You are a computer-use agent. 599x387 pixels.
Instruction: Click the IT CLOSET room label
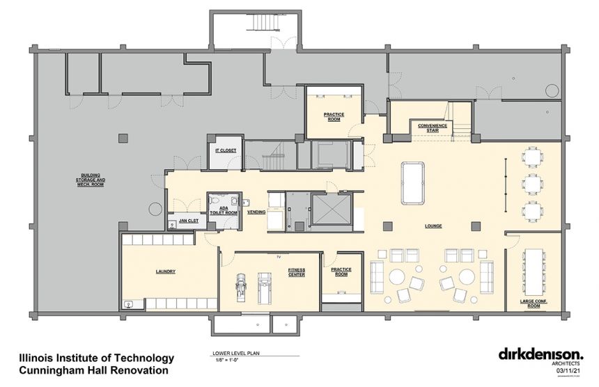point(226,150)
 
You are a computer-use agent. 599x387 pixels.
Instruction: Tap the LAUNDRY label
point(165,271)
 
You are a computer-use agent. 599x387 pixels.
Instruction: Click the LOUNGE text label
point(434,226)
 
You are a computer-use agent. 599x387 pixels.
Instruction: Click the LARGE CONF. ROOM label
point(534,304)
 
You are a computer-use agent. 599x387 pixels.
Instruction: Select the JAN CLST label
point(189,221)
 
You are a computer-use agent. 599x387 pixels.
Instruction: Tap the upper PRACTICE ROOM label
point(334,116)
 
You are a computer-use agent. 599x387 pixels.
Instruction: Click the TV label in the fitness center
point(277,257)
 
